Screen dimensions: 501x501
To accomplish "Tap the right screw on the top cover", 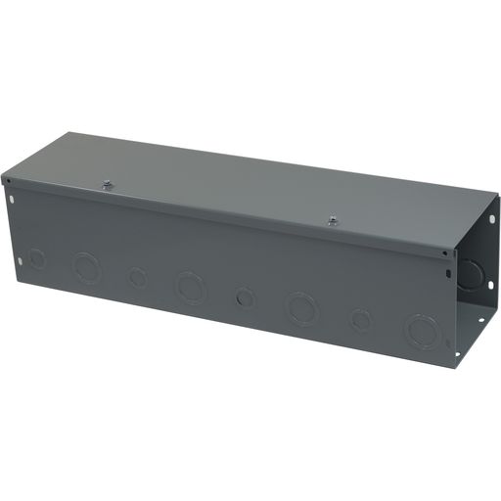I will click(333, 219).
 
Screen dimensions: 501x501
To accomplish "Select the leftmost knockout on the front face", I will click(37, 259).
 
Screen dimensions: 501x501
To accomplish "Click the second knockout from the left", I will click(86, 267).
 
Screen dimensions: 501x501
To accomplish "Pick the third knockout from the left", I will click(137, 278).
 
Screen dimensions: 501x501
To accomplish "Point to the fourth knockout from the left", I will click(188, 286).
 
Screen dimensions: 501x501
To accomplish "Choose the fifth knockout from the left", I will click(245, 296).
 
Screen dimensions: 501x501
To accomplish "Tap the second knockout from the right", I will click(361, 319).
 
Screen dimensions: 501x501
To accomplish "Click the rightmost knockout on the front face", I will click(423, 330).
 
